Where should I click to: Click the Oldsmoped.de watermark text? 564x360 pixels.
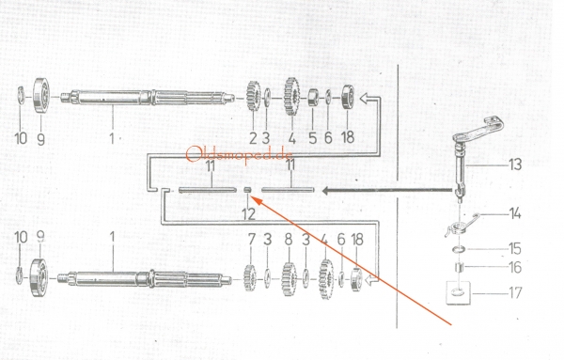click(240, 154)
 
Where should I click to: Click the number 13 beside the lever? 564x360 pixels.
click(515, 164)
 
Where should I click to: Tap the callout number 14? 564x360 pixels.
click(515, 213)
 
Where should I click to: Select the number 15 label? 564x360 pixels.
click(515, 248)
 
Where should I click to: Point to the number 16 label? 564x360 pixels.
click(515, 267)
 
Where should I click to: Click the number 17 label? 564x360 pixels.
click(515, 292)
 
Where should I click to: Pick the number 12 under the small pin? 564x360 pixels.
click(248, 214)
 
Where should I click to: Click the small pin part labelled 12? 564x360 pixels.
click(247, 190)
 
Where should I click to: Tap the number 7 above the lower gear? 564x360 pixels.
click(251, 240)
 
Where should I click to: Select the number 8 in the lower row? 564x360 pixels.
click(289, 240)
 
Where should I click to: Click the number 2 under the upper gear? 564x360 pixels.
click(253, 138)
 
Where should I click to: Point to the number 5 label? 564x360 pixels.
click(313, 138)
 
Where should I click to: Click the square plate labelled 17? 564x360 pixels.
click(459, 292)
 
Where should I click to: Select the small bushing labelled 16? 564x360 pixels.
click(459, 268)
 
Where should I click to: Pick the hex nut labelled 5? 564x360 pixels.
click(313, 98)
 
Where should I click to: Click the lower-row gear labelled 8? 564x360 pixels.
click(289, 279)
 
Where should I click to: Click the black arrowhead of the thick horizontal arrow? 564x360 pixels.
click(325, 190)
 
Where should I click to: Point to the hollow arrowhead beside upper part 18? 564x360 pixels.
click(367, 98)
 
